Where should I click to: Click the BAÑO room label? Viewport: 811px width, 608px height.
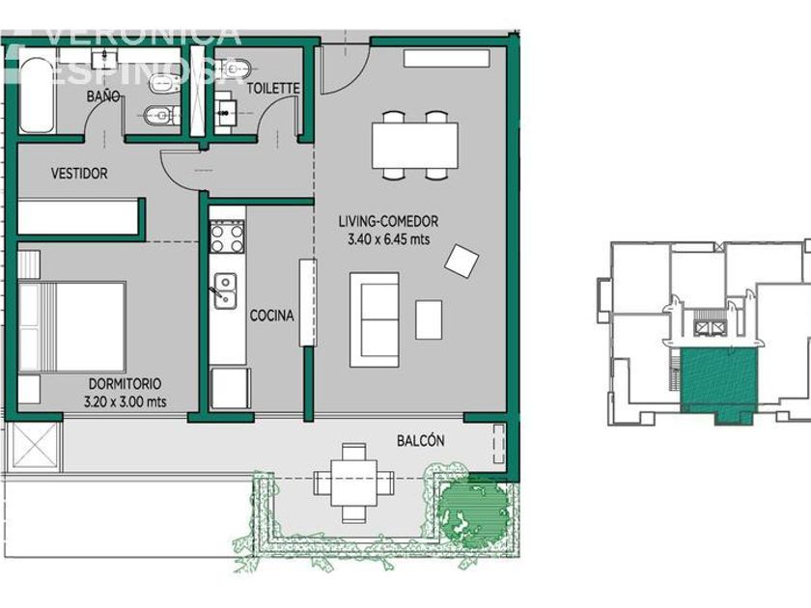click(x=103, y=96)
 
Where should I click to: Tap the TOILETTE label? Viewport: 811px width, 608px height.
click(x=273, y=89)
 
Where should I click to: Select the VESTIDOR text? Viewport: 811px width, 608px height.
click(x=79, y=173)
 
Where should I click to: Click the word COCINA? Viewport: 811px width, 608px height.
click(x=271, y=316)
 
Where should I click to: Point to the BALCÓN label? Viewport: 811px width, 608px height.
click(x=421, y=440)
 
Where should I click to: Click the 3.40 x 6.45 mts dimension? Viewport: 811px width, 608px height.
click(x=388, y=239)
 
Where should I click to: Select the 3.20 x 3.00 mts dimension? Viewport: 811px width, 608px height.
click(x=126, y=401)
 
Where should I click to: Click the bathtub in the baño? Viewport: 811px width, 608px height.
click(x=37, y=95)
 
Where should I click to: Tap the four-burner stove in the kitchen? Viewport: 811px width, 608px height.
click(x=227, y=236)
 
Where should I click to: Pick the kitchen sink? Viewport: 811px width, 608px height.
click(x=225, y=291)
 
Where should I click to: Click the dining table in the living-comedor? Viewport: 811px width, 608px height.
click(x=415, y=146)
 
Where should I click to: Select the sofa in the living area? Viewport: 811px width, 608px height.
click(x=374, y=319)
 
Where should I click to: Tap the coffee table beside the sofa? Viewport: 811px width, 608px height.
click(x=429, y=319)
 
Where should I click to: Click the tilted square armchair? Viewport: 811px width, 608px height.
click(x=461, y=262)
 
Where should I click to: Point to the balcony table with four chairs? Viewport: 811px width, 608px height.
click(x=353, y=483)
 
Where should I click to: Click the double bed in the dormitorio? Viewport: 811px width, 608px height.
click(x=71, y=327)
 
